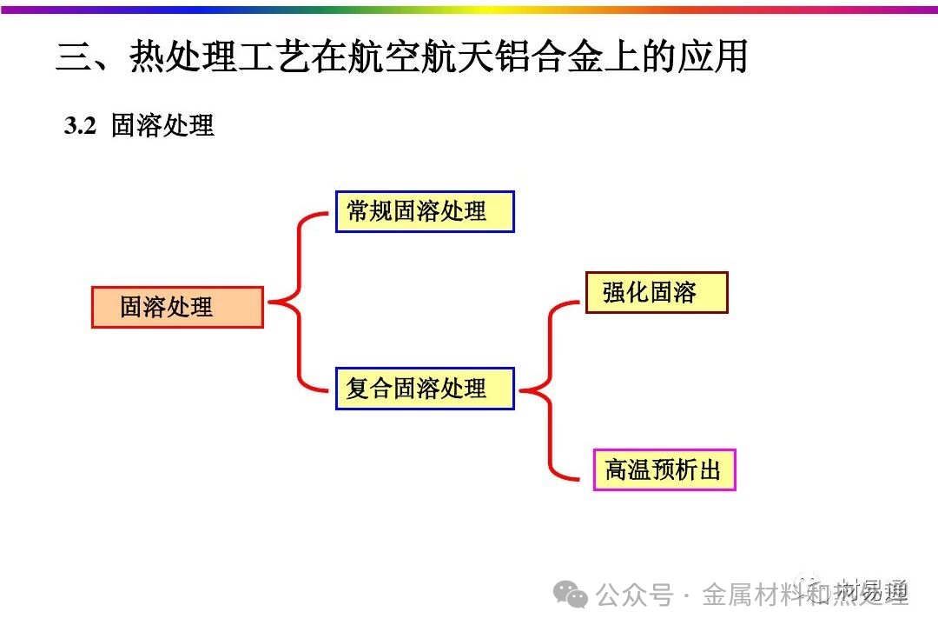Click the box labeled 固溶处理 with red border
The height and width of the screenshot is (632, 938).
[x=177, y=307]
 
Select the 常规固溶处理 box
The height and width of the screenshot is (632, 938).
[x=425, y=211]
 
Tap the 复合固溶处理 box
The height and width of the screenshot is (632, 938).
[x=425, y=388]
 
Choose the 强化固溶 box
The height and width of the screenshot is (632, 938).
[x=656, y=292]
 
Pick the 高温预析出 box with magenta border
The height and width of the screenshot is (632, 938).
[x=664, y=470]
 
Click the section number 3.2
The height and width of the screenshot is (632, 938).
[x=79, y=126]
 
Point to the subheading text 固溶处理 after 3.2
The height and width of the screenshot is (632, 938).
[x=162, y=126]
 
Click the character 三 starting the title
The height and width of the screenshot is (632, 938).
[x=74, y=57]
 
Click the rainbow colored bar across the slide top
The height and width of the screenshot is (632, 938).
[x=469, y=10]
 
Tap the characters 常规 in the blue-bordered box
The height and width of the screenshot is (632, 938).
[x=370, y=211]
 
